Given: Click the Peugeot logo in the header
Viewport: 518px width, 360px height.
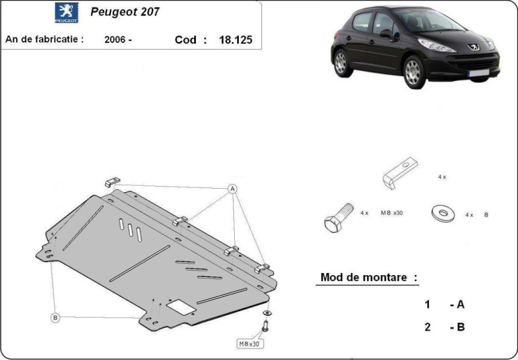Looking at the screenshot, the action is pos(67,12).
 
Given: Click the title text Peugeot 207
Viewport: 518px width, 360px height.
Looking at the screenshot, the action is pos(125,12).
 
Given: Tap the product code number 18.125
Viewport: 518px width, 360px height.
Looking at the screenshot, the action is pos(236,40).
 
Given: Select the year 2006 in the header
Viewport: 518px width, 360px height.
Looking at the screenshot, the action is pos(115,40).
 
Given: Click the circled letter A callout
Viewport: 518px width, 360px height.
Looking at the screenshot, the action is pos(233,189).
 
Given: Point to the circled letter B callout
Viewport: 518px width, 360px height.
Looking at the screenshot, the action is pos(55,318).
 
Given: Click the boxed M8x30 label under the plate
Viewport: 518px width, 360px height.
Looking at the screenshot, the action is pos(250,344).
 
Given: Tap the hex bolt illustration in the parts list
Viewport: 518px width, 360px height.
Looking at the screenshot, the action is pos(339,218).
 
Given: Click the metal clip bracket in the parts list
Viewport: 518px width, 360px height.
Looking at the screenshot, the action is pos(400,173).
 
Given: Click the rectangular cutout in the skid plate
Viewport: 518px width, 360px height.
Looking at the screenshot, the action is pos(181,307).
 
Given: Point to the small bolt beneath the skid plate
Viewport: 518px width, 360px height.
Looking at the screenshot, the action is pos(265,326).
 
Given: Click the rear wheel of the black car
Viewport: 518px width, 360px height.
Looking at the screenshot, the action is pos(341,63).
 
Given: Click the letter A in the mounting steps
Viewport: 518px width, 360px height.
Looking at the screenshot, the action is pos(461,304).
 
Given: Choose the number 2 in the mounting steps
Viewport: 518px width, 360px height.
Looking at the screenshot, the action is pos(427,327).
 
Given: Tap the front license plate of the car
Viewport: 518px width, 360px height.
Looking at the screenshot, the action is pos(479,73).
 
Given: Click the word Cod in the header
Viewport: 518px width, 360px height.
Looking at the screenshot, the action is pos(185,40).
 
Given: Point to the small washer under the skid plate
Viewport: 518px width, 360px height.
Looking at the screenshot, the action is pos(267,313).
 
